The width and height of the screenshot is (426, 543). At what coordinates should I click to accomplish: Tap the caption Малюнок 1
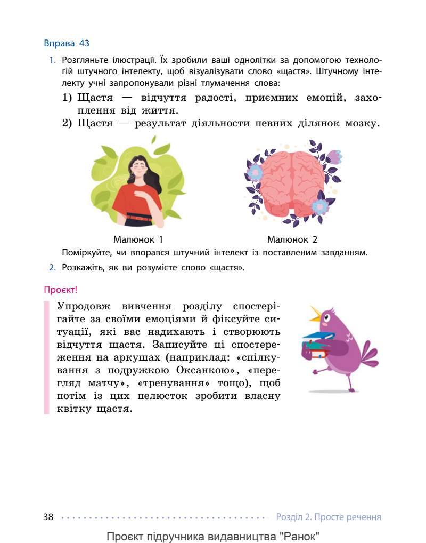tap(138, 239)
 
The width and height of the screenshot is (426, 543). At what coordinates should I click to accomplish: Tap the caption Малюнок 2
tap(292, 239)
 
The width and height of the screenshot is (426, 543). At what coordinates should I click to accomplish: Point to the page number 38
tap(48, 517)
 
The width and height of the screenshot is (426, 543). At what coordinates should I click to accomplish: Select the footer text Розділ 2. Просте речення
tap(329, 517)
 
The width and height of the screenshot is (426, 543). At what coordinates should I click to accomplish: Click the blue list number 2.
tap(53, 267)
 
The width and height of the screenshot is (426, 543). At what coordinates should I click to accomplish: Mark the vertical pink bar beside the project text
tap(46, 357)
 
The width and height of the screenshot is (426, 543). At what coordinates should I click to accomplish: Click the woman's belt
tap(138, 217)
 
